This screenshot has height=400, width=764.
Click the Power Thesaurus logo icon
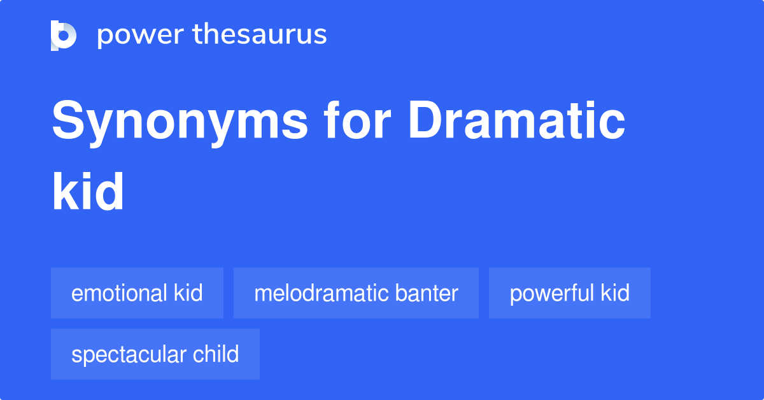tap(64, 35)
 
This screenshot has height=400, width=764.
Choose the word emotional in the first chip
tap(119, 293)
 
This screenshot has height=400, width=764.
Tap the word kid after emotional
tap(188, 293)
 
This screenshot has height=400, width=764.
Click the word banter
tap(427, 293)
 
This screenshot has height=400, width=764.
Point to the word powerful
tap(551, 293)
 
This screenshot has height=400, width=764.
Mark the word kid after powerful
tap(615, 293)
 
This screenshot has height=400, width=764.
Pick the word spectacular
tap(127, 354)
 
